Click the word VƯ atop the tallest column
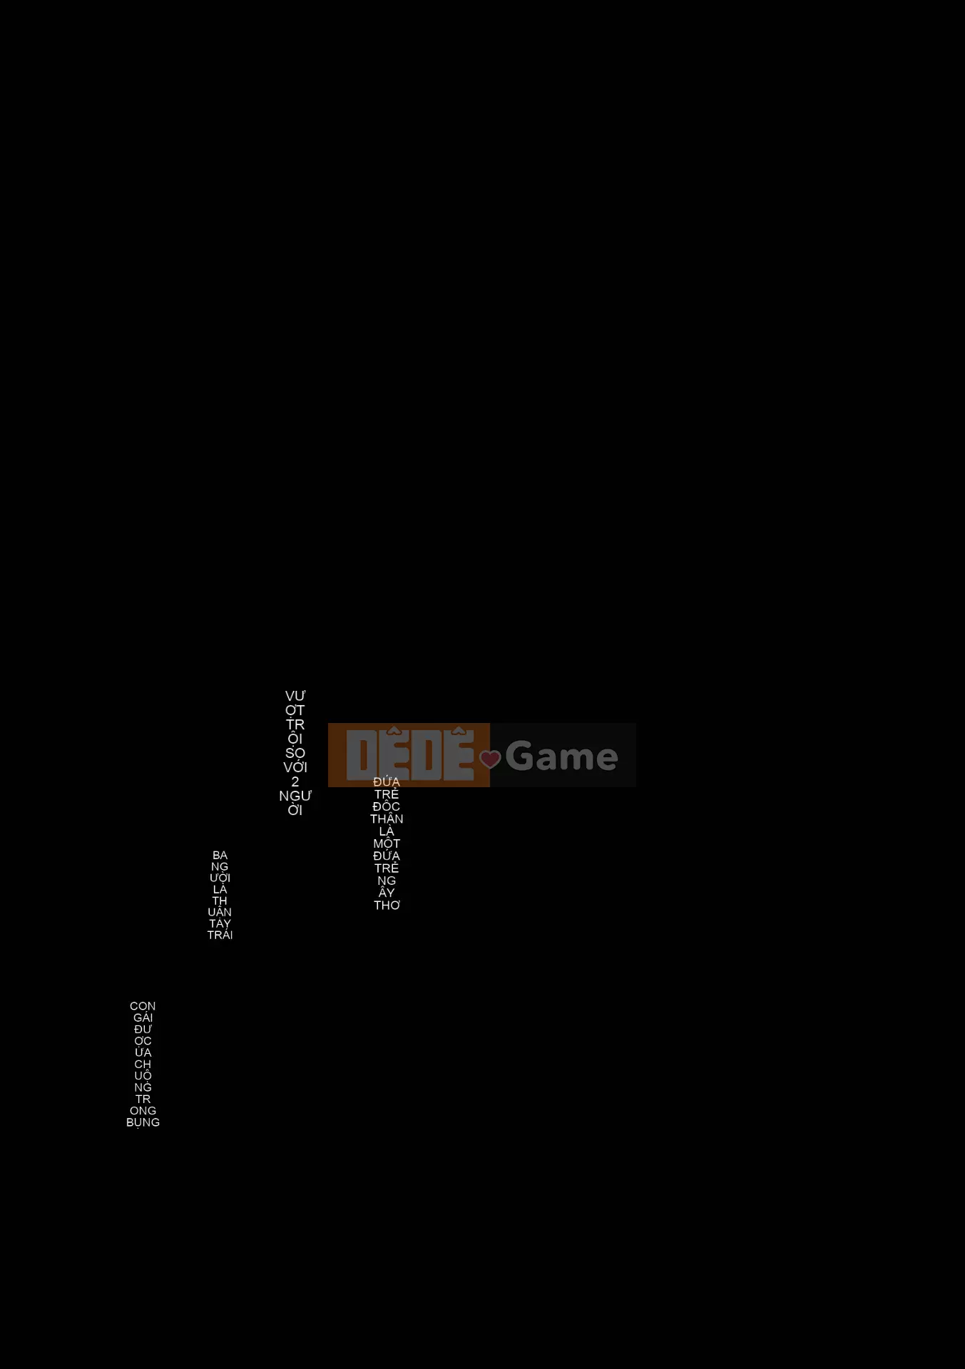point(295,696)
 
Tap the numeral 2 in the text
point(295,782)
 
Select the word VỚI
point(295,768)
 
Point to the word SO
point(295,753)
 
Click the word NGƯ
point(295,796)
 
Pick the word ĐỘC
point(387,806)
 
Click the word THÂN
point(387,819)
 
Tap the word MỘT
point(387,844)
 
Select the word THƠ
point(387,906)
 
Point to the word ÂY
point(387,893)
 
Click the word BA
point(220,856)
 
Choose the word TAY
point(220,923)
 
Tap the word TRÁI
point(220,935)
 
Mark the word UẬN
point(220,912)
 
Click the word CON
point(143,1006)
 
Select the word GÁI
point(143,1017)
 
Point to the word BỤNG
point(143,1122)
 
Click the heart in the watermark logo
point(490,759)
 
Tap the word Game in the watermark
point(561,756)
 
